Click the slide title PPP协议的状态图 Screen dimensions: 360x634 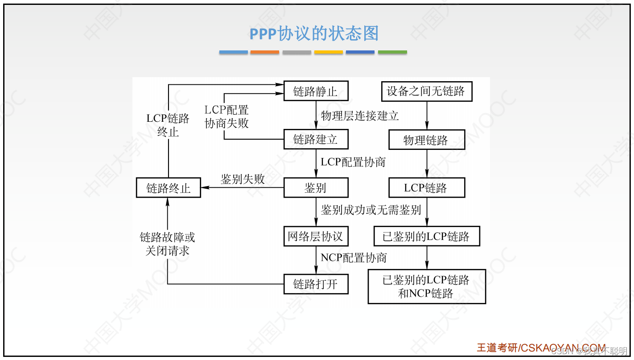[314, 34]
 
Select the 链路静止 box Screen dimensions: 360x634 [316, 91]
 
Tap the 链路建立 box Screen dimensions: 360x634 [316, 140]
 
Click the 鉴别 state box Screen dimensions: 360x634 [316, 188]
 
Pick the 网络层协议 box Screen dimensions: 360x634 [316, 236]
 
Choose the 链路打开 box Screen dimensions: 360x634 [316, 284]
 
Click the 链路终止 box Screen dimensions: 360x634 [168, 188]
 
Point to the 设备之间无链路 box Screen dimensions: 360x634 [427, 91]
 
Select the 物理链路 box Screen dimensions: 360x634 [427, 140]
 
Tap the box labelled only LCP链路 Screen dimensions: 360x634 [427, 188]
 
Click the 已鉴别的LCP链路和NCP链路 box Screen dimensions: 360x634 [427, 286]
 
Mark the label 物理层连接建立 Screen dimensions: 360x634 [360, 116]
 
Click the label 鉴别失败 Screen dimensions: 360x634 [243, 179]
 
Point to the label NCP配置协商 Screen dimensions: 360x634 [354, 258]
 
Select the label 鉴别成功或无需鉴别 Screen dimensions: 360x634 [371, 210]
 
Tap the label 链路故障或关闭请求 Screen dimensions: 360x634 [168, 244]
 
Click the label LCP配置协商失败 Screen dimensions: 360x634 [227, 117]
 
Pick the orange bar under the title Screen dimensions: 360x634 [265, 52]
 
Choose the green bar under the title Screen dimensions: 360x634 [392, 52]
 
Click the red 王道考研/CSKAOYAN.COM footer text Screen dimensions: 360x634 [541, 348]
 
